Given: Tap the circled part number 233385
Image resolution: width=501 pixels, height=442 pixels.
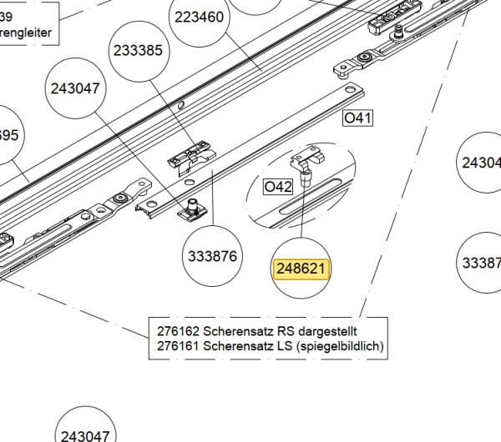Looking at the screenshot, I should point(137,50).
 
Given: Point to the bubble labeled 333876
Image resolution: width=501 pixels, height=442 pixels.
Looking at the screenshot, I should point(212,256).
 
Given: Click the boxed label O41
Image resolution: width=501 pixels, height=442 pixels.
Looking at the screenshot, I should point(357,118).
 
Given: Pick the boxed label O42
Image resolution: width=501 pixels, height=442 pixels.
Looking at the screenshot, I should point(277,187).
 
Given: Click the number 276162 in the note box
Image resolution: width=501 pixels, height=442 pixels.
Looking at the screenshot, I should point(178,330).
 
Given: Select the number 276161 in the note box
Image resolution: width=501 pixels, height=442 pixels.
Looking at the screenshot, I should point(178,345).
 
